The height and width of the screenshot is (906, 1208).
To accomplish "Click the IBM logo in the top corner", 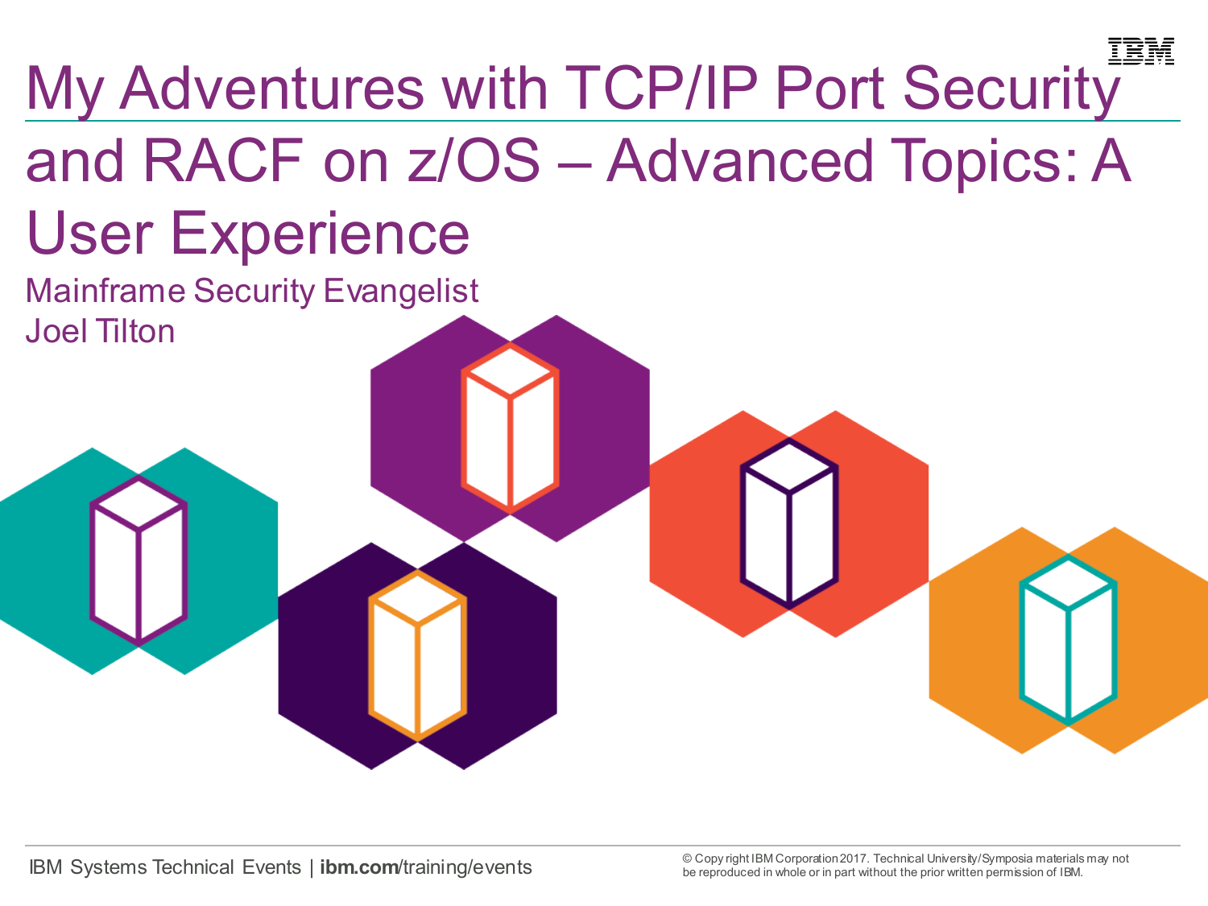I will (1140, 52).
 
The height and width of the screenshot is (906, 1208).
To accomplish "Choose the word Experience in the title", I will (320, 234).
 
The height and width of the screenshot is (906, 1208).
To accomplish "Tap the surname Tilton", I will (135, 332).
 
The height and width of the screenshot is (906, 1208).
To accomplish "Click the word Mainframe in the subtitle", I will (105, 292).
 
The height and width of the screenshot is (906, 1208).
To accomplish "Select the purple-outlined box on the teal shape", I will (139, 561).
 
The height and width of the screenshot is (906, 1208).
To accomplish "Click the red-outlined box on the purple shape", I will (510, 428).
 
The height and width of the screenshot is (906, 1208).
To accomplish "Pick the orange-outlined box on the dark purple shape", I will (417, 656).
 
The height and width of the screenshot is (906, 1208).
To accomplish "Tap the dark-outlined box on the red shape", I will (789, 523).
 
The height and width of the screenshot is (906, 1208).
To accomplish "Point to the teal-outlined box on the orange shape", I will (1068, 639).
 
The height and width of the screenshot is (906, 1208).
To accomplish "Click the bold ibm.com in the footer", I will (359, 867).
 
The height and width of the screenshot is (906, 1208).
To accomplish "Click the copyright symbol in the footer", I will (687, 858).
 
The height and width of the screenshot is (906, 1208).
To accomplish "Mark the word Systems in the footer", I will (109, 867).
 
